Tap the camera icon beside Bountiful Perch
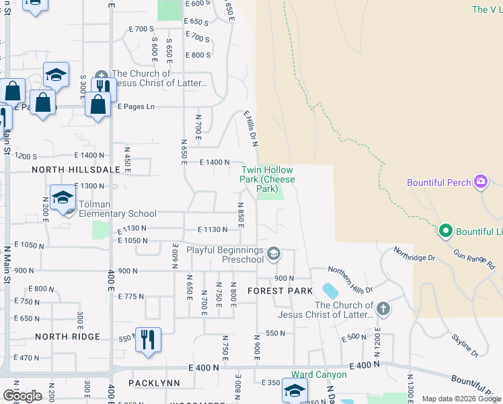[480, 182]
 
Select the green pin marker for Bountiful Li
[444, 232]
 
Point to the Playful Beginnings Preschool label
[225, 255]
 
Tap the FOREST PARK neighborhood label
[280, 291]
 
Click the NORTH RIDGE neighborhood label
[67, 337]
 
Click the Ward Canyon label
[319, 374]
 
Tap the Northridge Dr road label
[415, 254]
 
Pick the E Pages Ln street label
[136, 106]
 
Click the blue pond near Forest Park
[330, 291]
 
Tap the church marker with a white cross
[383, 309]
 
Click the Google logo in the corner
[22, 396]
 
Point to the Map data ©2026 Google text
[461, 399]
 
